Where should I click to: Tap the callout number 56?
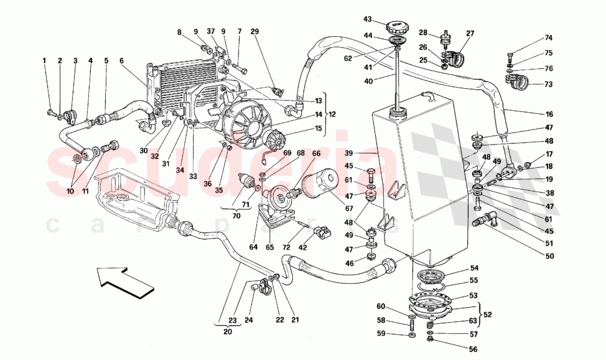click(x=472, y=348)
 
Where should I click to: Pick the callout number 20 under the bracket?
click(x=228, y=332)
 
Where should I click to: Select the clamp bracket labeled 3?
click(x=69, y=116)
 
